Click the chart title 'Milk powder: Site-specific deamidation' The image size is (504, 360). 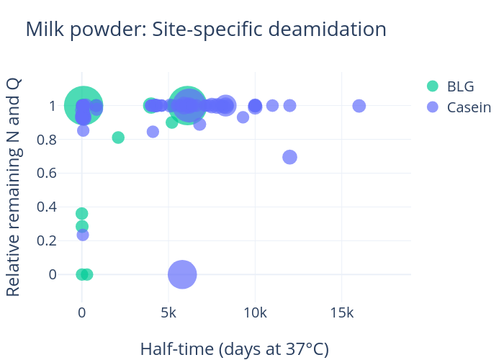coord(206,30)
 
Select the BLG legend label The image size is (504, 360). coord(460,86)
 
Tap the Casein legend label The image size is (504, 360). coord(469,107)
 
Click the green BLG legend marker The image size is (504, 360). coord(432,86)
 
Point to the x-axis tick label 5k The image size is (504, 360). coord(168,314)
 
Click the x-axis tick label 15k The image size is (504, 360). coord(341,314)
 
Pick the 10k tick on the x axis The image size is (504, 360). coord(255,314)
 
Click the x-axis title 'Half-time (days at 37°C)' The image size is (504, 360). coord(234,349)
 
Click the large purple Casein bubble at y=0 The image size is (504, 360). coord(182,274)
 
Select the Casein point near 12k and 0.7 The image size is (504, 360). coord(289,157)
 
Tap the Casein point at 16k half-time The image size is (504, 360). coord(359,106)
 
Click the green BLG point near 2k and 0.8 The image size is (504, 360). coord(118,138)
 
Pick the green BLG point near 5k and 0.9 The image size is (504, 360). coord(171,122)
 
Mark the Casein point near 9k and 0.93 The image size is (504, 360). coord(243,117)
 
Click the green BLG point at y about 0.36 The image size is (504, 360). coord(82,214)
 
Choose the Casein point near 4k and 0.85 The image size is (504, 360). coord(153,132)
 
